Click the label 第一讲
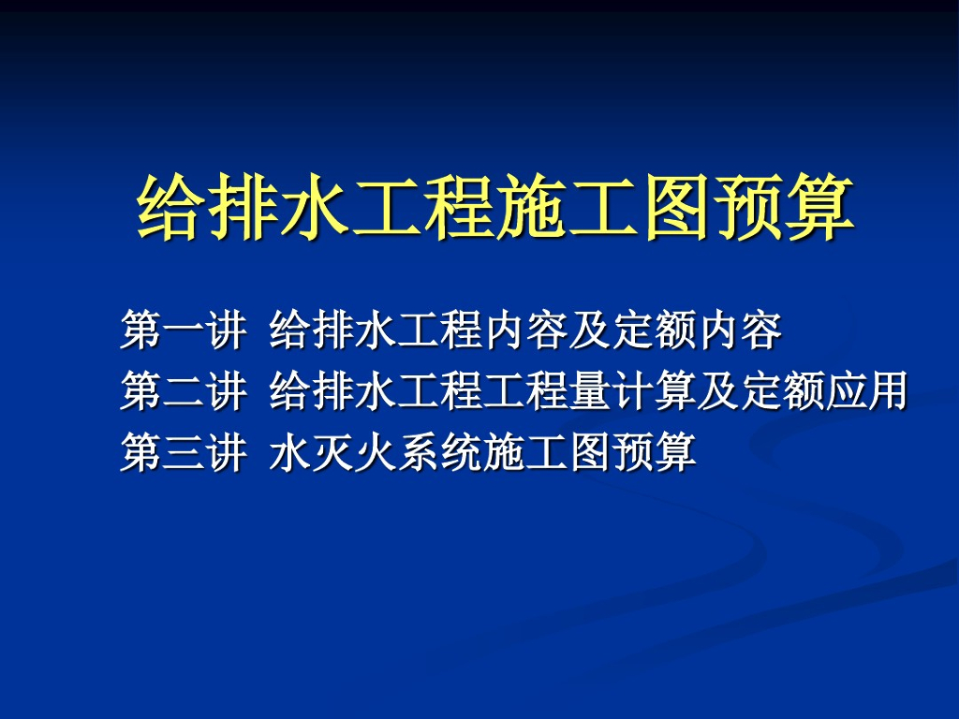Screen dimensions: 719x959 [x=183, y=330]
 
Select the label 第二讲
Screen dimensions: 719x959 [x=183, y=391]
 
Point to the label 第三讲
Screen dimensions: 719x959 [x=183, y=453]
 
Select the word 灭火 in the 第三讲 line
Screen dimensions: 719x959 [x=356, y=453]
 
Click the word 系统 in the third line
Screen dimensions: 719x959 [x=441, y=453]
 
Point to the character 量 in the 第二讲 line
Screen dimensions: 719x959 [x=588, y=391]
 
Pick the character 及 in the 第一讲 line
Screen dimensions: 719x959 [x=589, y=330]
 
